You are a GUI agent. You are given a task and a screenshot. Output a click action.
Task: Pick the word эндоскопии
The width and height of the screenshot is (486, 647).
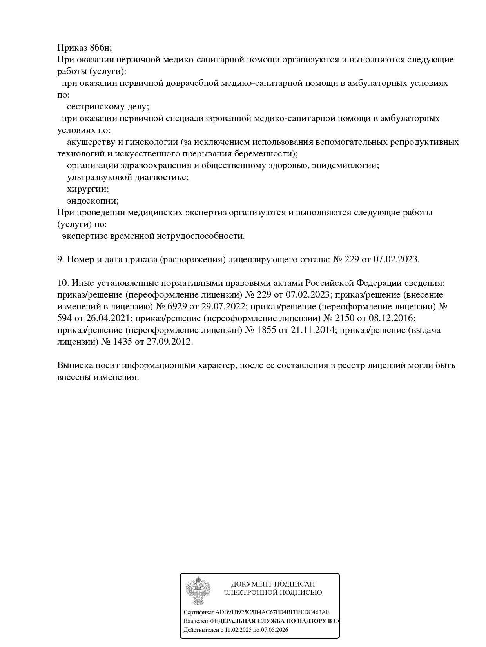(92, 201)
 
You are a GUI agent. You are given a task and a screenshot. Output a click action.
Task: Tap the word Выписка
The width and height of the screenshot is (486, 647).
(75, 365)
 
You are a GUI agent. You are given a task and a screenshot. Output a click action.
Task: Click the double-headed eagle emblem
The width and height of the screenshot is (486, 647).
(198, 591)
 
